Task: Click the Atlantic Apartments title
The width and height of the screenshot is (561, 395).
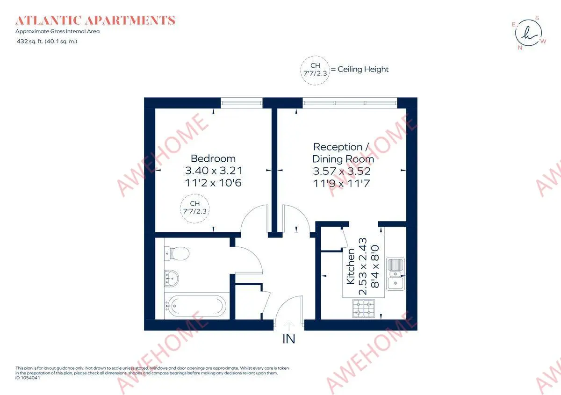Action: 95,20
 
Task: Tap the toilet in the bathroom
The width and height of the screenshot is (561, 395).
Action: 177,253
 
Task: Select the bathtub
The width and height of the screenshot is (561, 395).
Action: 195,306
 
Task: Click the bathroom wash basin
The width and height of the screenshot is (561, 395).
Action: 172,278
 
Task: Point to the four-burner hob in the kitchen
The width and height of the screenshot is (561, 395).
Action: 363,309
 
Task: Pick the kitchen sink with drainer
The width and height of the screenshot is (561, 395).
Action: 396,274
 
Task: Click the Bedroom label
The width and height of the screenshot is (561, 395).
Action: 213,158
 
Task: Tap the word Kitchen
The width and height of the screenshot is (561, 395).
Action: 350,266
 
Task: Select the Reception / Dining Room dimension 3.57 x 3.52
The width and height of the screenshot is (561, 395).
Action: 342,171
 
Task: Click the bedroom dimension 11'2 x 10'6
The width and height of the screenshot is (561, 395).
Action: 213,183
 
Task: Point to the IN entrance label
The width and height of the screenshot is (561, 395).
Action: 289,339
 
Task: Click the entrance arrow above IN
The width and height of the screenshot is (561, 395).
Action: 289,326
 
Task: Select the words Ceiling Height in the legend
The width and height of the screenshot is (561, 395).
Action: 363,69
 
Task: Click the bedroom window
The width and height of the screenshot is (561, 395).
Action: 241,103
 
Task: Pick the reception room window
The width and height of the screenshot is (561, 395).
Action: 350,103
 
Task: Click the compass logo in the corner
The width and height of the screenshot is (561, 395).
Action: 529,33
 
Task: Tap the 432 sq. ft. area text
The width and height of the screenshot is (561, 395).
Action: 47,41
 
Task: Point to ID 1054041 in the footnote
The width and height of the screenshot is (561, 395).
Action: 28,378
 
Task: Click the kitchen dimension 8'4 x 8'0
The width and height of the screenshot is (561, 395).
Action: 375,266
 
